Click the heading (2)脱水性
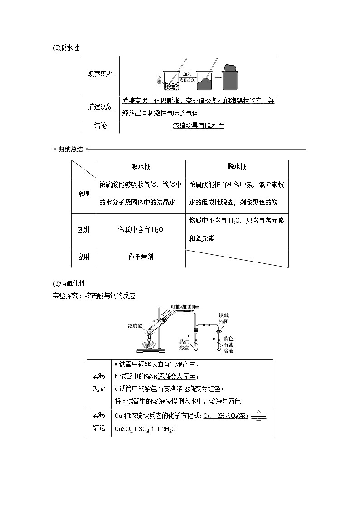[66, 48]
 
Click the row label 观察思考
[100, 75]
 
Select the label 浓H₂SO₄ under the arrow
[187, 80]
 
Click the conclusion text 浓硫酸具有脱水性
[199, 126]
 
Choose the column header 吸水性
[141, 167]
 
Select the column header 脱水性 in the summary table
[237, 167]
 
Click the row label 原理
[83, 194]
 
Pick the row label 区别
[83, 229]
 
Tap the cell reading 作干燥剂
[141, 257]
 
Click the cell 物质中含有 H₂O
[141, 229]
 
